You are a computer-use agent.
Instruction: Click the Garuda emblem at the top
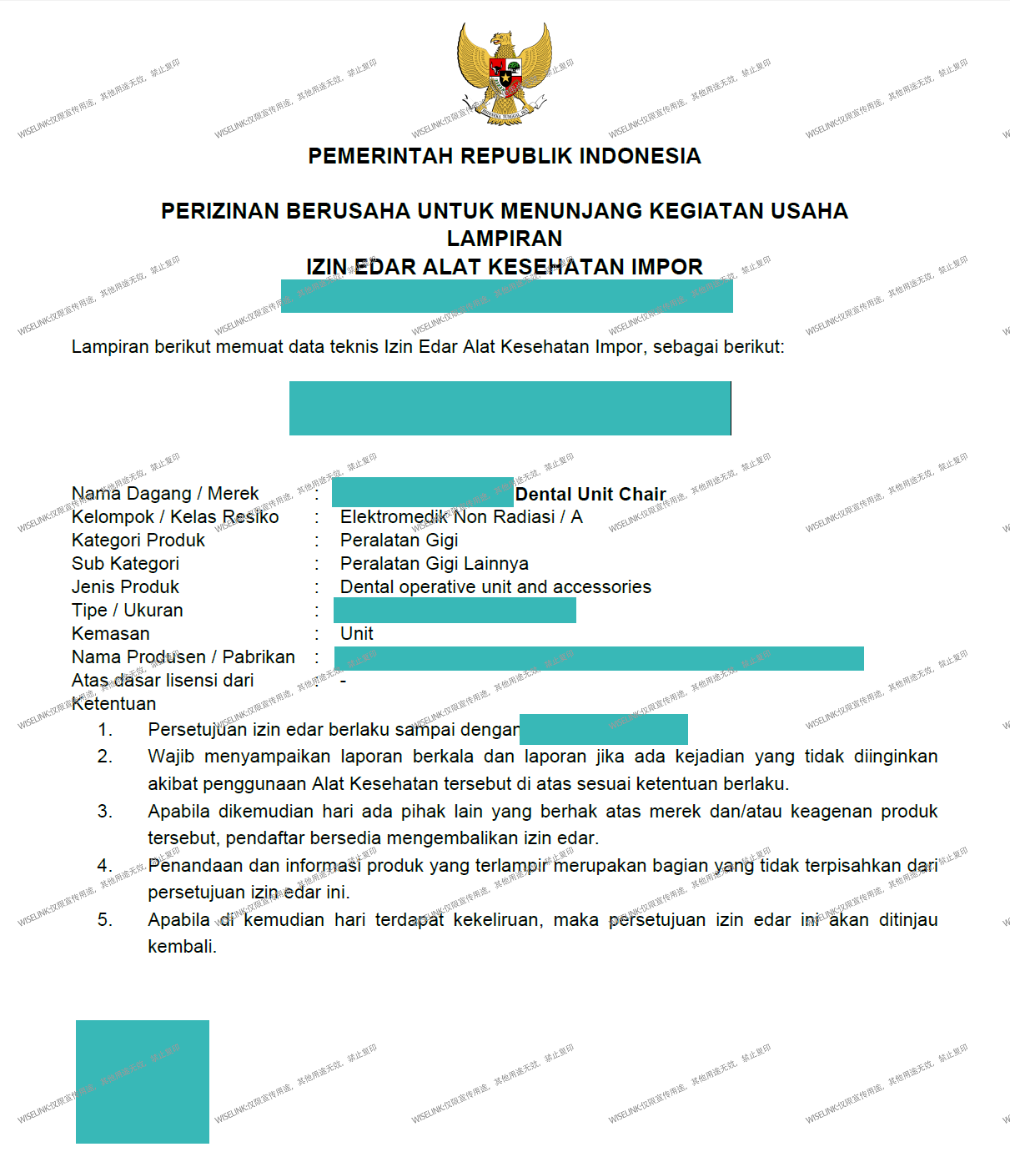click(x=505, y=73)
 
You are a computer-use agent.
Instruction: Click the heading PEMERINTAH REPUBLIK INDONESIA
click(x=505, y=156)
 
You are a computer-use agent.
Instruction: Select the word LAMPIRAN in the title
click(x=505, y=239)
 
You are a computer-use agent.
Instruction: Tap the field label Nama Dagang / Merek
click(x=165, y=494)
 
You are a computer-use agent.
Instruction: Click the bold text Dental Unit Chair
click(x=590, y=495)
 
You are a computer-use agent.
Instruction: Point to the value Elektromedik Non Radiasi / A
click(x=461, y=517)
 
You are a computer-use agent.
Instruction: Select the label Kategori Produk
click(x=138, y=541)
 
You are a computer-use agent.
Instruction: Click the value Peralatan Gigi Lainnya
click(x=435, y=564)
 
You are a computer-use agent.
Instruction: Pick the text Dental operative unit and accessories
click(x=495, y=587)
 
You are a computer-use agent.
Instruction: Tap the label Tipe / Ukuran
click(x=128, y=611)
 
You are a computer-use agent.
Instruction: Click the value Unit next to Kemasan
click(x=357, y=634)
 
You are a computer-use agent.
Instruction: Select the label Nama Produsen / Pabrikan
click(x=183, y=657)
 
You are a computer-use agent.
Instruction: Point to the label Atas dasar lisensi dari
click(x=163, y=681)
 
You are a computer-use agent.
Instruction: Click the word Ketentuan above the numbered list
click(x=114, y=704)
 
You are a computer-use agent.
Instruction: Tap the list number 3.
click(x=104, y=812)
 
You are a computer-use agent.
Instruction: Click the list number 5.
click(x=104, y=920)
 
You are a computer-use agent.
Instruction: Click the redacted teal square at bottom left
click(x=143, y=1081)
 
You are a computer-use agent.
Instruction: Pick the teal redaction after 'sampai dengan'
click(x=604, y=729)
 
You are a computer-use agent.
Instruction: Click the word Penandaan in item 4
click(x=197, y=866)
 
